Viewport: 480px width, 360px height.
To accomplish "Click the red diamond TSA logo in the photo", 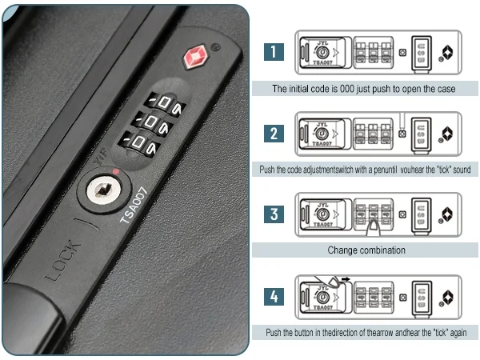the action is coord(196,57).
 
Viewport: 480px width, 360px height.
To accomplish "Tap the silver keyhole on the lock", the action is coord(104,190).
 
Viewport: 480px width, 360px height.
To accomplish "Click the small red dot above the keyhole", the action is coord(116,172).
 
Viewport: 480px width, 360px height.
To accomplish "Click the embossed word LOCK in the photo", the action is coord(63,261).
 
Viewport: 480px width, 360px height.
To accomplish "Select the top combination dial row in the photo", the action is coord(165,103).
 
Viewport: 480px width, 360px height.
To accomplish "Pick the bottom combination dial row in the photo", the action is coord(139,143).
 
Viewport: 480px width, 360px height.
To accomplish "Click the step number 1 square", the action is coord(274,52).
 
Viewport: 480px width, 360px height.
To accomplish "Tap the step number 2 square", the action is coord(274,134).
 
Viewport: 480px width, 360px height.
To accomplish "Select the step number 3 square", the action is coord(274,214).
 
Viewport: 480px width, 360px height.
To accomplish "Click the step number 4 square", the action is coord(274,296).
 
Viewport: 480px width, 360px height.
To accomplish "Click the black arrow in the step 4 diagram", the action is coord(346,279).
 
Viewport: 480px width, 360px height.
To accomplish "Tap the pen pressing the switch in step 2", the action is coord(402,121).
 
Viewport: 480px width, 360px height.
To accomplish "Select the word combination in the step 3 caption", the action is coord(382,250).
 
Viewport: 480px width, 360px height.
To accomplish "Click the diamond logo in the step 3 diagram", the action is coord(447,214).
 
